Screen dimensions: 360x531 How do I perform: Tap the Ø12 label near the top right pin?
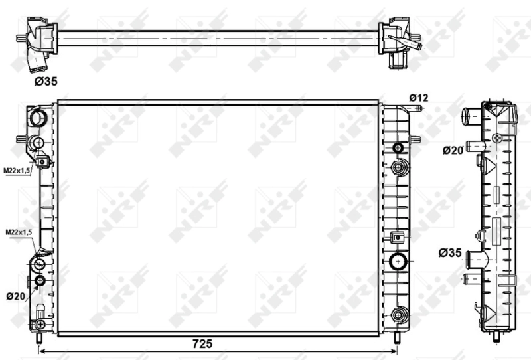click(419, 98)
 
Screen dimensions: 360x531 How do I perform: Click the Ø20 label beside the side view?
click(453, 150)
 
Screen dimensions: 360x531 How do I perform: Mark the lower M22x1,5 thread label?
click(19, 232)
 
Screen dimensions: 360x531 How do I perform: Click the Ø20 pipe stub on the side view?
click(475, 145)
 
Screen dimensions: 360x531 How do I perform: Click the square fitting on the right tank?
click(398, 237)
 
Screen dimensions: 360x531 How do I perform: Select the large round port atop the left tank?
click(38, 118)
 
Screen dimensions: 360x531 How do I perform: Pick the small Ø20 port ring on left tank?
click(40, 281)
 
